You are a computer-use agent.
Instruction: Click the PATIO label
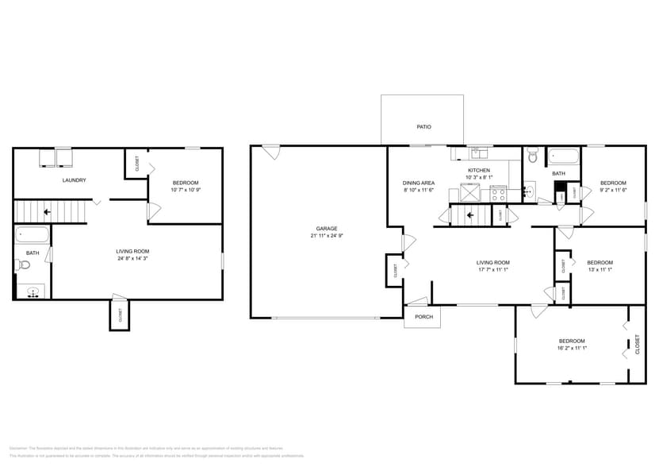pos(424,127)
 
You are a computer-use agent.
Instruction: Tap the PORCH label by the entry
pos(423,317)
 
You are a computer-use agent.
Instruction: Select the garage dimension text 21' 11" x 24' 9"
pos(327,236)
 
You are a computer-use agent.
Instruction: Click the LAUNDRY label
pos(74,180)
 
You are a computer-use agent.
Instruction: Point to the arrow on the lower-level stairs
pos(48,212)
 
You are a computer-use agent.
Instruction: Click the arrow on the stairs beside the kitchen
pos(469,214)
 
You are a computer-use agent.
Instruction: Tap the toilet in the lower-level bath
pos(21,265)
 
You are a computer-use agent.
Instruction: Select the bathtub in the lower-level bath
pos(33,234)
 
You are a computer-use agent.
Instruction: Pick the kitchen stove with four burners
pos(498,192)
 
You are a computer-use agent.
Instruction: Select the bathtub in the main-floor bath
pos(564,156)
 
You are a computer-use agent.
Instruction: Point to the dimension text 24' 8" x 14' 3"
pos(132,258)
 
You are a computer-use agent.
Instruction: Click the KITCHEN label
pos(478,170)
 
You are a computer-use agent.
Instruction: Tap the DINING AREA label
pos(419,183)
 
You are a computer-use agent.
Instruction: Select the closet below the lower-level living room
pos(118,315)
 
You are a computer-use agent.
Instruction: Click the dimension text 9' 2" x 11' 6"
pos(613,190)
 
